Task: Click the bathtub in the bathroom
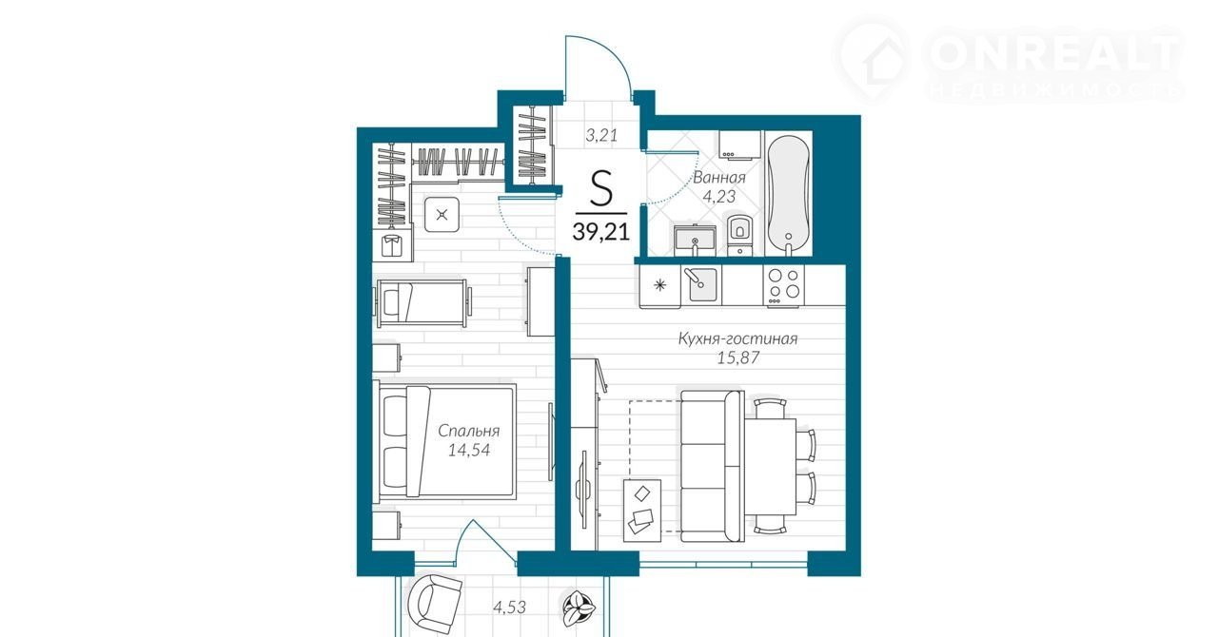(x=789, y=194)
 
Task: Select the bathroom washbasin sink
(x=695, y=241)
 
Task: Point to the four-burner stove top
(x=783, y=285)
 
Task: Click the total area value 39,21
(x=600, y=232)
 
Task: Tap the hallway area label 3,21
(x=601, y=135)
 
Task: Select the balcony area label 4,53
(x=509, y=607)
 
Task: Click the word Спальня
(x=469, y=432)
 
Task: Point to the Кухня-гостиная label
(x=737, y=339)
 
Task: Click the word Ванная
(x=719, y=177)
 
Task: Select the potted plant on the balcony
(x=578, y=607)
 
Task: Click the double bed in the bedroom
(x=444, y=441)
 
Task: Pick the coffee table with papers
(x=642, y=511)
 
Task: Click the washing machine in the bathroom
(x=740, y=144)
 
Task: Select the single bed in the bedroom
(x=422, y=303)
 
